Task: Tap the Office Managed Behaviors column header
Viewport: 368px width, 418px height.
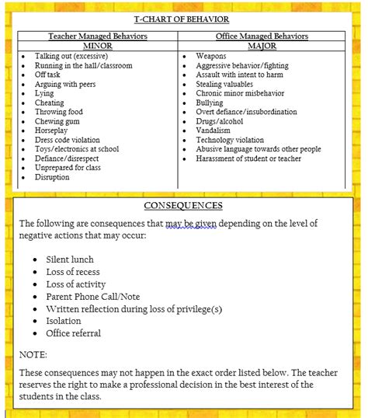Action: pos(262,37)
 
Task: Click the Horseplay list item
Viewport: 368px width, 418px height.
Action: pos(53,131)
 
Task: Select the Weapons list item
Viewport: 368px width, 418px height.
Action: pos(211,57)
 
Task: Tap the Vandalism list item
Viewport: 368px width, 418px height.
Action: pos(214,131)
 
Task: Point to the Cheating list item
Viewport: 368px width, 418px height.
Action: pos(50,103)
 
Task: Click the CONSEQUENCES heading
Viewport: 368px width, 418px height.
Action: pos(183,206)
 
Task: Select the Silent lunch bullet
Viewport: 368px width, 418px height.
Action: pos(70,260)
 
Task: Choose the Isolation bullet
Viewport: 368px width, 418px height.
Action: pos(64,321)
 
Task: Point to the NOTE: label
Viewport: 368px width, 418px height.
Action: pos(33,354)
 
